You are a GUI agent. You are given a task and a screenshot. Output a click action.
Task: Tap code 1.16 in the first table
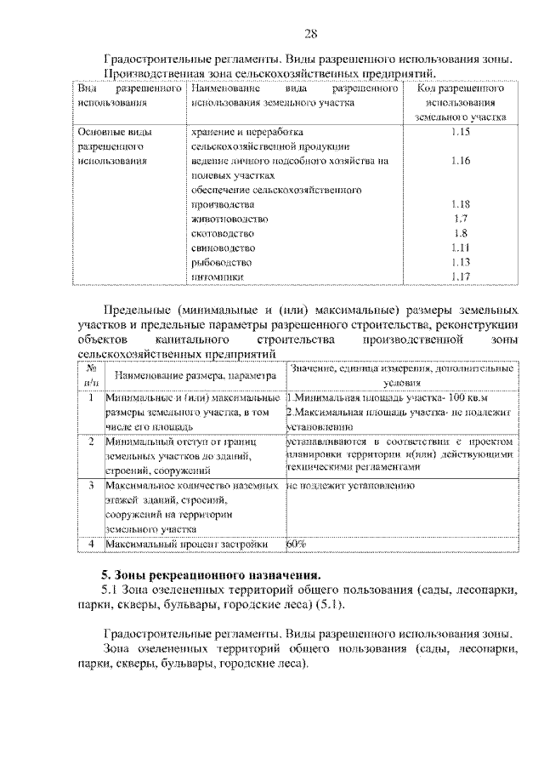462,161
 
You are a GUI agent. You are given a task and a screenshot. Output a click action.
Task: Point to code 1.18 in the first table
462,204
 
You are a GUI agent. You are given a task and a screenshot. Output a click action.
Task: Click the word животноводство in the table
224,219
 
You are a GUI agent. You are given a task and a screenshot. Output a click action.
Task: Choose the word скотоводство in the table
223,233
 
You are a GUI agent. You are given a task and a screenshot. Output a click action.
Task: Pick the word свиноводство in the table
223,248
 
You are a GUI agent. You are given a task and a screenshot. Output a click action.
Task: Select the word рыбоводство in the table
221,262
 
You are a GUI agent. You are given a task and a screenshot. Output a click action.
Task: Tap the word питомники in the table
218,277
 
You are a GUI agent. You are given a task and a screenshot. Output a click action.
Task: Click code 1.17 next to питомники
462,277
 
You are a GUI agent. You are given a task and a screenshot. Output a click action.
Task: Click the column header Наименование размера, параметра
192,375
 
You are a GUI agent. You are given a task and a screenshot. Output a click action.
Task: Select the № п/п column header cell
90,375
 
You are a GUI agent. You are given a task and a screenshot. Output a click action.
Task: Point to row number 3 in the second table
90,485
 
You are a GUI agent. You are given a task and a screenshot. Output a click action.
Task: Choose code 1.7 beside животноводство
462,219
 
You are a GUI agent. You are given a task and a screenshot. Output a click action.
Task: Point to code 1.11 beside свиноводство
462,248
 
